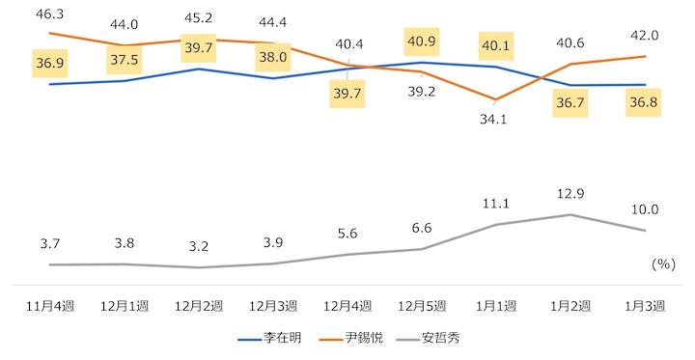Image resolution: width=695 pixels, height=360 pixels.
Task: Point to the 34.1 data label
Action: coord(495,121)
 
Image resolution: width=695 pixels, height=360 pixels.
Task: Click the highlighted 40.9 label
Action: coord(421,44)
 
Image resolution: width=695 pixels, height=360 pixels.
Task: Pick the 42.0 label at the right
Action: coord(644,35)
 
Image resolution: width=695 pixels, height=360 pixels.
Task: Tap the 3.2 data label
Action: coord(199,246)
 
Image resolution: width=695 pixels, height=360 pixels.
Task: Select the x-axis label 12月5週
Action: coord(421,306)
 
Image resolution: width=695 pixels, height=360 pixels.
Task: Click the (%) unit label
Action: coord(663,263)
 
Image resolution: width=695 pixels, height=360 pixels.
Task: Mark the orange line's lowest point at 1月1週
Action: coord(495,100)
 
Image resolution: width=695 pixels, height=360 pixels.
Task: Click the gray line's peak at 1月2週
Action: coord(570,214)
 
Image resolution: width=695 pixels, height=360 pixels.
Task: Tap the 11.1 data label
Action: coord(495,204)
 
